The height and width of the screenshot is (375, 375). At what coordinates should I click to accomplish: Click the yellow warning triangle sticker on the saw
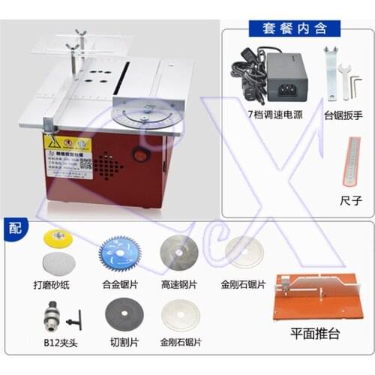click(53, 143)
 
